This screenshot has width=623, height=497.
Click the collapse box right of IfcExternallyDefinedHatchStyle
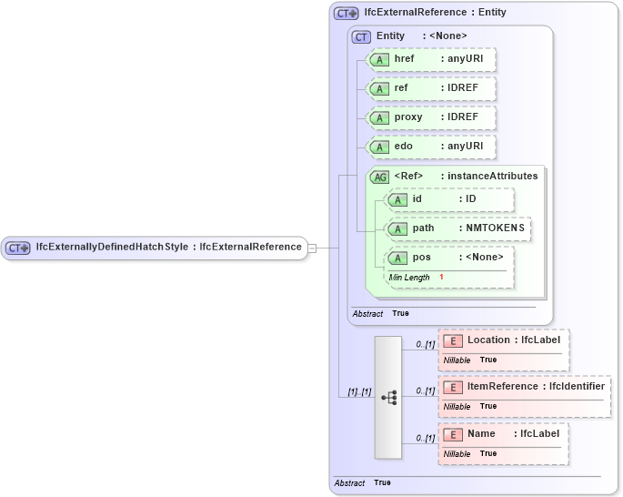coord(312,247)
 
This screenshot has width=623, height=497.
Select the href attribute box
coord(430,59)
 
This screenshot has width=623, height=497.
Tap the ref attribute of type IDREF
coord(430,88)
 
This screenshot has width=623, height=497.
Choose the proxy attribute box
coord(430,117)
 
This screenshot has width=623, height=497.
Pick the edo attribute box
coord(430,147)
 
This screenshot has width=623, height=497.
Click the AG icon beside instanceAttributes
coord(380,177)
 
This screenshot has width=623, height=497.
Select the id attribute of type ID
coord(449,199)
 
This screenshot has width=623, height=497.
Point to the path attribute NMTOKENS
coord(458,228)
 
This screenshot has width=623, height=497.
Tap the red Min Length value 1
coord(441,277)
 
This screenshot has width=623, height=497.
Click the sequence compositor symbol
coord(388,398)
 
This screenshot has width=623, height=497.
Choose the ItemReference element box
coord(525,387)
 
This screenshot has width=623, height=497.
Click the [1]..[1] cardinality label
coord(359,392)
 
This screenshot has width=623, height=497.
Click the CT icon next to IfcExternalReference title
coord(347,13)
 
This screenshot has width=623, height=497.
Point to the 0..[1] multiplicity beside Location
coord(425,345)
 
